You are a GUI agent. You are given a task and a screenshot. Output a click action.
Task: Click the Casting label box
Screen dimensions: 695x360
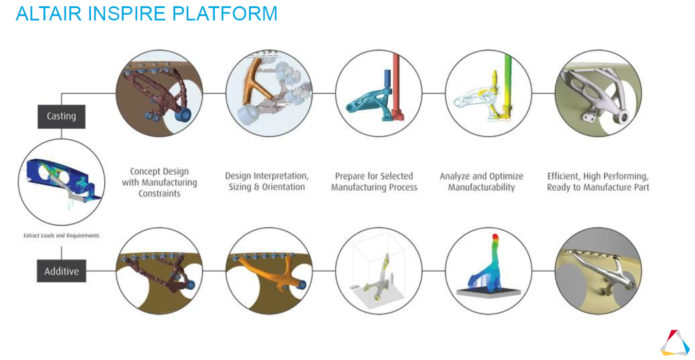click(x=62, y=116)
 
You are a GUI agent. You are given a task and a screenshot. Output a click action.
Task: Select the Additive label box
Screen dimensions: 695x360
click(x=62, y=271)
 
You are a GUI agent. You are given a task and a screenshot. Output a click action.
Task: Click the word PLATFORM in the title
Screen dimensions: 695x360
click(x=225, y=14)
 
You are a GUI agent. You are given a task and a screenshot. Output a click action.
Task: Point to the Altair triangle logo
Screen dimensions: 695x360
click(x=675, y=343)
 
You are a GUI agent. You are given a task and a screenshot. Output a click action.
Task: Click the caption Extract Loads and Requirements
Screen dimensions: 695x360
click(x=62, y=236)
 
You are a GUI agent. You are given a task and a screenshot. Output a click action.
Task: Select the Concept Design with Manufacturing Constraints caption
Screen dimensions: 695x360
click(x=160, y=182)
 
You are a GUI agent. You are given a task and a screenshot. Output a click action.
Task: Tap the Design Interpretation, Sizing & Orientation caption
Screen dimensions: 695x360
click(x=267, y=181)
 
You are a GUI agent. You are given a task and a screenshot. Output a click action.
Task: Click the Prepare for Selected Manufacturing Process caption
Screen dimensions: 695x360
click(x=374, y=182)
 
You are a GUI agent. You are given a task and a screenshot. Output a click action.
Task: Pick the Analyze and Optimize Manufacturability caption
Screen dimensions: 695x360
click(x=481, y=182)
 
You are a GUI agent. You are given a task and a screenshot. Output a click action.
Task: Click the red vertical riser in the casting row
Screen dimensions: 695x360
click(x=397, y=87)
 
